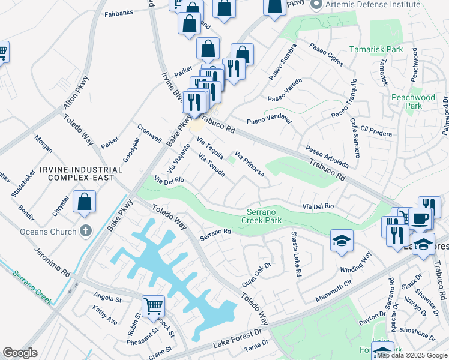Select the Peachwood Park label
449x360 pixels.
point(412,101)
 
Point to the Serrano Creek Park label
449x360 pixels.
point(273,216)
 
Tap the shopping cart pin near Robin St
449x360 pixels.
point(154,306)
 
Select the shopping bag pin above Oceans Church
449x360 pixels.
point(85,202)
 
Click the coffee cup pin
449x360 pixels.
point(420,218)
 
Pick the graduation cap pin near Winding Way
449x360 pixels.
point(342,240)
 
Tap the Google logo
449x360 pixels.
point(20,353)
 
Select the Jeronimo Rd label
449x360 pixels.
point(53,262)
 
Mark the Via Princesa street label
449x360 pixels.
point(249,164)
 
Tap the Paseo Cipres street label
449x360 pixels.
point(327,55)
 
